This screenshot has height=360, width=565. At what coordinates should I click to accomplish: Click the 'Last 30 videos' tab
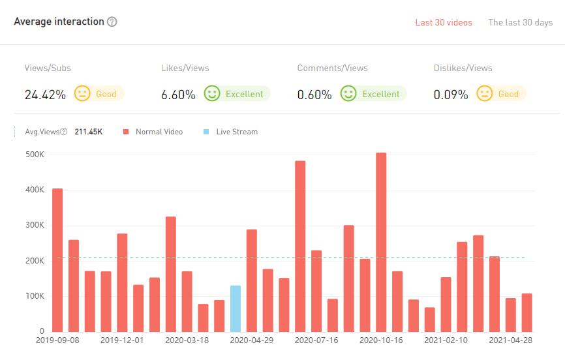click(444, 23)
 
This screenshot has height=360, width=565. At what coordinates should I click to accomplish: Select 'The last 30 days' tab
click(520, 23)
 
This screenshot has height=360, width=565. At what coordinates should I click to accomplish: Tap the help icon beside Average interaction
click(112, 22)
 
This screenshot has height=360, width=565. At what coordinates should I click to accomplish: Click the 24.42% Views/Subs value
click(45, 95)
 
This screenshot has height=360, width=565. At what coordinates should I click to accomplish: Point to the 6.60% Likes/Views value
click(178, 95)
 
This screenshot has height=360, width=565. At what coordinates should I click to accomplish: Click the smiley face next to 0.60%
click(348, 94)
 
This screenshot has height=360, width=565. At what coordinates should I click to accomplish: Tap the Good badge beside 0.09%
click(508, 94)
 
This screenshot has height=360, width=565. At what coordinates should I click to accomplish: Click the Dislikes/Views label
click(463, 68)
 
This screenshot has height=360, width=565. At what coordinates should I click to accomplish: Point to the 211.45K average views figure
click(89, 132)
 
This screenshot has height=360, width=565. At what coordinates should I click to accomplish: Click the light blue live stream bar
click(236, 308)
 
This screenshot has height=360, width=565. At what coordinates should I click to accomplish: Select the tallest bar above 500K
click(382, 242)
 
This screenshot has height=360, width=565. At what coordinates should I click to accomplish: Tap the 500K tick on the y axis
click(35, 155)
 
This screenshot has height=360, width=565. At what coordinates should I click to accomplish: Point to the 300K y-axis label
click(35, 225)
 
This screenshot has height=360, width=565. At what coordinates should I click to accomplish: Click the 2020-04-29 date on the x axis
click(251, 340)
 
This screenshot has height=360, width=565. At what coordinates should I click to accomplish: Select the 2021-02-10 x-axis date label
click(446, 340)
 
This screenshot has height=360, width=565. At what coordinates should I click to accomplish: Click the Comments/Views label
click(332, 68)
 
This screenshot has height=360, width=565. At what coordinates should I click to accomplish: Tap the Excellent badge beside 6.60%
click(244, 94)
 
